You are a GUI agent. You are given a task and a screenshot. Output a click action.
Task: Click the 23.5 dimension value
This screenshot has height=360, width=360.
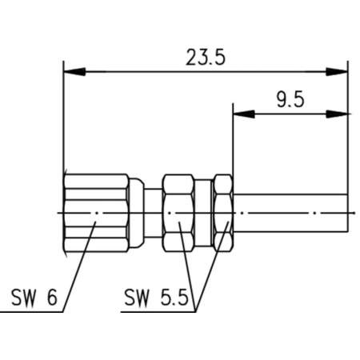point(204,57)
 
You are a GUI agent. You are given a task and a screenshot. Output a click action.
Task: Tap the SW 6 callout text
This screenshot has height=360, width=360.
point(34,299)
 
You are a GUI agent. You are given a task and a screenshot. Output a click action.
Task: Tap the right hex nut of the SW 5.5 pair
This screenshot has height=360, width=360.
point(224,213)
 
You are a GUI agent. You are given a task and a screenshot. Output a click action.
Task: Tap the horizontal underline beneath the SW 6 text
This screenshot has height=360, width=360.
point(32,312)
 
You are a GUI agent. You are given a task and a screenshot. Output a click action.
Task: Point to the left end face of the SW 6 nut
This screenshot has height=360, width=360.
point(63,213)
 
